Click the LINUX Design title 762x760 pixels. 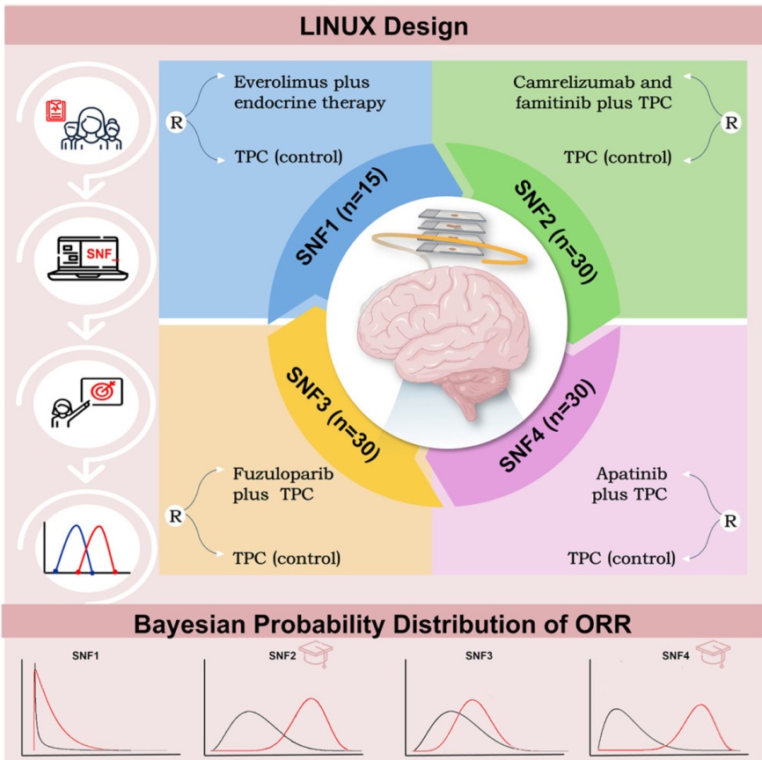pyautogui.click(x=381, y=26)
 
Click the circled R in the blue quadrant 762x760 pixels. pyautogui.click(x=177, y=122)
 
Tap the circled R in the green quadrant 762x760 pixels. pyautogui.click(x=730, y=122)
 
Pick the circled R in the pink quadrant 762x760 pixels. pyautogui.click(x=729, y=521)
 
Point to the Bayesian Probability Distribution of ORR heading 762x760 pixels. pyautogui.click(x=381, y=625)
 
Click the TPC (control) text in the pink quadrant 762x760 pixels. pyautogui.click(x=622, y=557)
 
